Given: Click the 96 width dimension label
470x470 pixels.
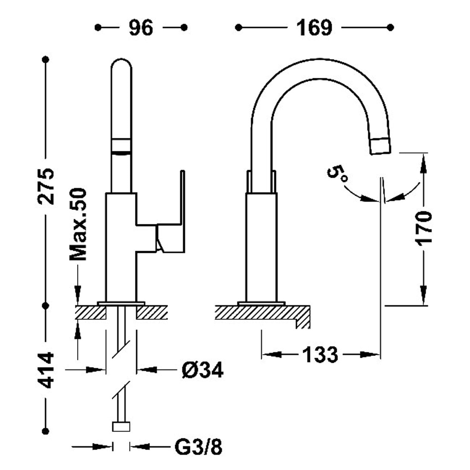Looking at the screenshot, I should click(x=141, y=28).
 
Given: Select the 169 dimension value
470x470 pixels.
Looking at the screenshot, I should click(x=314, y=28).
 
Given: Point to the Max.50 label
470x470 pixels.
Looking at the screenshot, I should click(x=78, y=224).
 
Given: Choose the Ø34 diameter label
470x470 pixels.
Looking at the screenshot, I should click(x=202, y=370).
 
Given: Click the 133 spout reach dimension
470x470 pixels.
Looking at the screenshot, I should click(x=320, y=355).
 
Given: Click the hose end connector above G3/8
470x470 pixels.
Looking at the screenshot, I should click(x=121, y=426).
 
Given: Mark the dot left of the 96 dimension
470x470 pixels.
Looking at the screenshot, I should click(x=98, y=28).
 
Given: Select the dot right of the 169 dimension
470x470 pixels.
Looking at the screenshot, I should click(x=390, y=28).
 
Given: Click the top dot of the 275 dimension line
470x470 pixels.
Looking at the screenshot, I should click(x=46, y=59).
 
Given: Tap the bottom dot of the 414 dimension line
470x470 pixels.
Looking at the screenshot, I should click(x=46, y=431).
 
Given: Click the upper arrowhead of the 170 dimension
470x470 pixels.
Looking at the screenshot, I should click(x=423, y=163).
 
